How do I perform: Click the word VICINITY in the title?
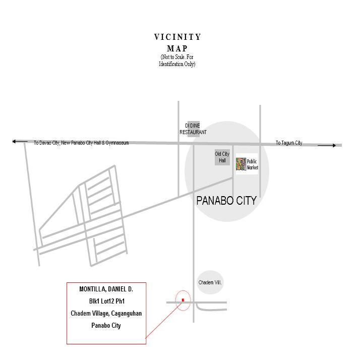click(x=177, y=37)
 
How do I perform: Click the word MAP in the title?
click(x=177, y=49)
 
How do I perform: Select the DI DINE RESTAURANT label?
click(x=193, y=129)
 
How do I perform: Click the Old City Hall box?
click(x=222, y=157)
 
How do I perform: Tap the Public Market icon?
click(x=241, y=164)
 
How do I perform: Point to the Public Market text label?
click(x=252, y=164)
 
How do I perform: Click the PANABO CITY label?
click(x=226, y=201)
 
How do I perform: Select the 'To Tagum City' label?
click(x=289, y=143)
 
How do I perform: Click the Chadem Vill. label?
click(x=210, y=283)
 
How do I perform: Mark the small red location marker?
click(x=183, y=300)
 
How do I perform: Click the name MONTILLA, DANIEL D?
click(x=106, y=289)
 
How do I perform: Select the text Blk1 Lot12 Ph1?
click(x=106, y=301)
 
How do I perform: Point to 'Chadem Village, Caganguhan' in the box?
click(x=106, y=314)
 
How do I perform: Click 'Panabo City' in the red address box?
click(x=106, y=326)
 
